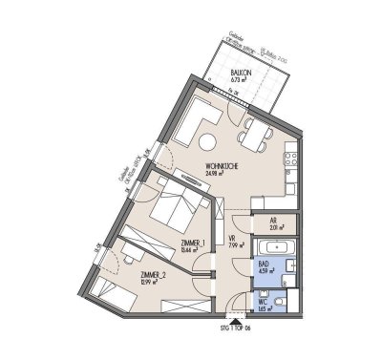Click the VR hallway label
[x=233, y=240]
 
